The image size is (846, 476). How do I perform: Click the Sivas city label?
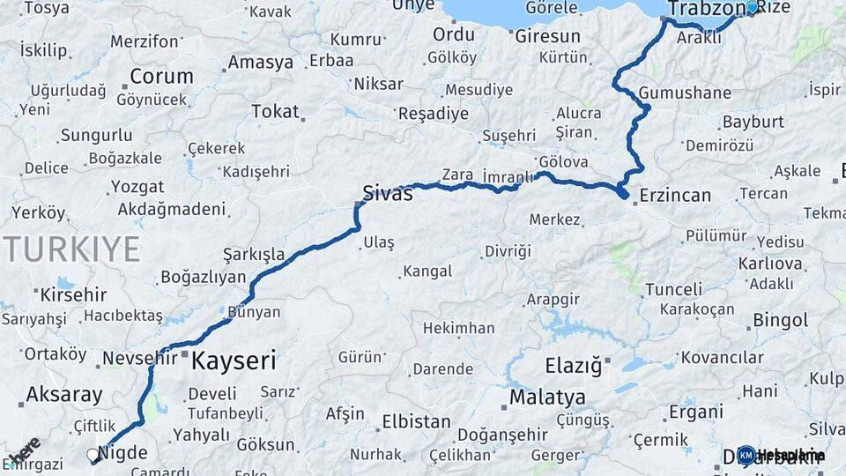(x=387, y=193)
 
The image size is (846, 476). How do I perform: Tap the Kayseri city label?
(x=234, y=360)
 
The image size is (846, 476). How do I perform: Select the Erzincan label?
(x=675, y=195)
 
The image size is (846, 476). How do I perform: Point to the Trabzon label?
(x=706, y=9)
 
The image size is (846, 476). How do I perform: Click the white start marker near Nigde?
(x=93, y=455)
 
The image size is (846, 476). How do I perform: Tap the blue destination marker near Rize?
(x=752, y=7)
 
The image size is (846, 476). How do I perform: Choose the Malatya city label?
(x=547, y=397)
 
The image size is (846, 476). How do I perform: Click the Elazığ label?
(x=573, y=364)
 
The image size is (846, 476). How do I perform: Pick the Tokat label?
(x=275, y=111)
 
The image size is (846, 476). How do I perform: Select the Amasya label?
(x=260, y=63)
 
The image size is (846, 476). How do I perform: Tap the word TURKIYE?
(x=72, y=249)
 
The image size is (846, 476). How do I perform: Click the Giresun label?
(x=547, y=36)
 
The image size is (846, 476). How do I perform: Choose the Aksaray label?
(x=64, y=394)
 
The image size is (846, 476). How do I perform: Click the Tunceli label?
(x=674, y=289)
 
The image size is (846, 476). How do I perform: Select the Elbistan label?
(x=416, y=421)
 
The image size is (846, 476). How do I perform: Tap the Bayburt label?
(x=753, y=121)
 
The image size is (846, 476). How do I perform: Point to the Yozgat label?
(x=137, y=187)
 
